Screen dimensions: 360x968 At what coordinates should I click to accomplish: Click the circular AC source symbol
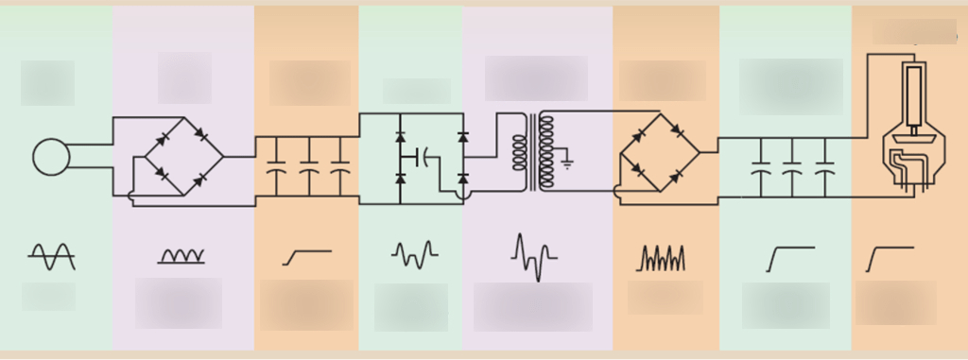[51, 157]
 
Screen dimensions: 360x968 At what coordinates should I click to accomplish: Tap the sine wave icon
[51, 254]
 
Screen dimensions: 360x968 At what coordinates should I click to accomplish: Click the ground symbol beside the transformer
[566, 163]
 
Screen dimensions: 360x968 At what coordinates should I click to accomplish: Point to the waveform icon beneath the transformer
[534, 256]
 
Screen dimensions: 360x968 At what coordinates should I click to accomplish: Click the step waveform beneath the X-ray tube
[890, 258]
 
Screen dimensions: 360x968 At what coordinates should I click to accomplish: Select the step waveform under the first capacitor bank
[306, 256]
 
